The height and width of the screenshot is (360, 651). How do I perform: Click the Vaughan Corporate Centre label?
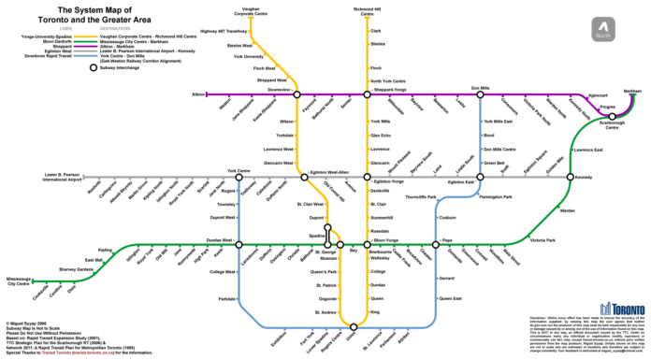coord(248,11)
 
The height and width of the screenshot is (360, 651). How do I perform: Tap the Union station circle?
coord(354,326)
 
